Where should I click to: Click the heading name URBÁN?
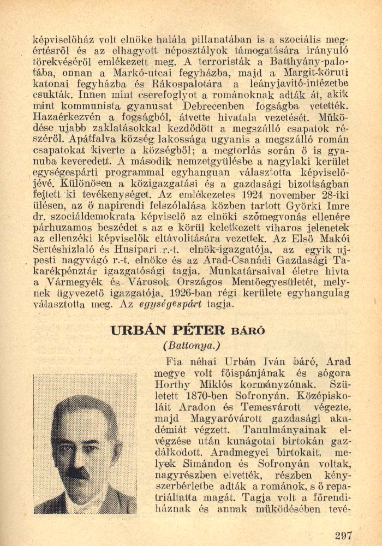pos(139,330)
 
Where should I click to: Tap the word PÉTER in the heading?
pos(198,330)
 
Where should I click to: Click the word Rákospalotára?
pos(182,84)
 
